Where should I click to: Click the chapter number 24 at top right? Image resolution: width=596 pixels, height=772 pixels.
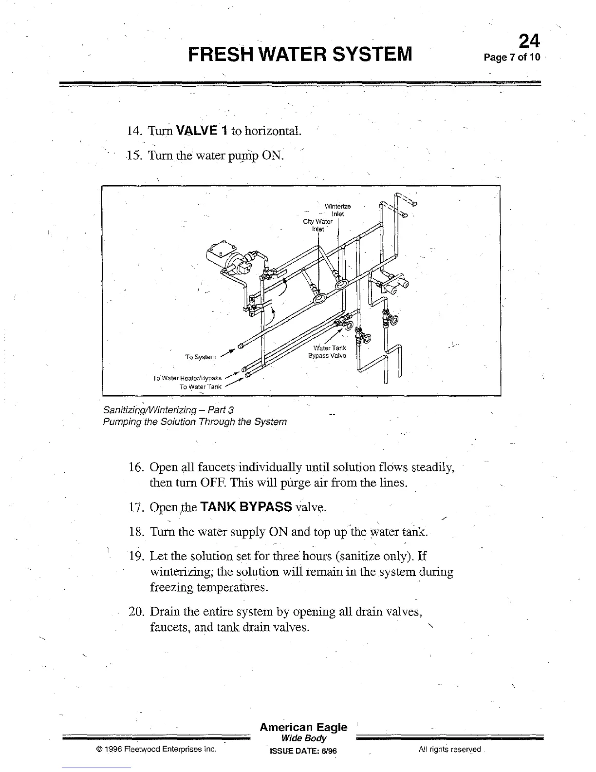529,40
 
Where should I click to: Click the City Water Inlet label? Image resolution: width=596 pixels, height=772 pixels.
317,225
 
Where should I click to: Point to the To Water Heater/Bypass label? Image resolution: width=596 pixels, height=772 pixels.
187,378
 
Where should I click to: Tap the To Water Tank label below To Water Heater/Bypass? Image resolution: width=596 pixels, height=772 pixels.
201,387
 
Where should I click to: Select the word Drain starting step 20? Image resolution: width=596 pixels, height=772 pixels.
165,612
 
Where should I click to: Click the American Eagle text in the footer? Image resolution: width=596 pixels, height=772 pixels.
303,728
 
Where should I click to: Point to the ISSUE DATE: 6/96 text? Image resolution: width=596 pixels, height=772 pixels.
303,751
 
